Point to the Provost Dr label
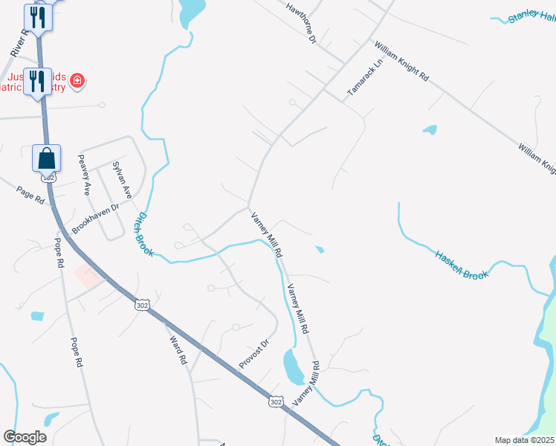click(x=253, y=352)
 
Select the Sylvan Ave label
click(x=121, y=179)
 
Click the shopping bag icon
click(x=46, y=158)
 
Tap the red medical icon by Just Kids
click(x=77, y=80)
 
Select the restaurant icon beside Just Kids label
click(x=36, y=81)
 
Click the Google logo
click(x=25, y=437)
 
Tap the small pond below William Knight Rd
click(x=430, y=130)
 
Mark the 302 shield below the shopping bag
click(x=49, y=178)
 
